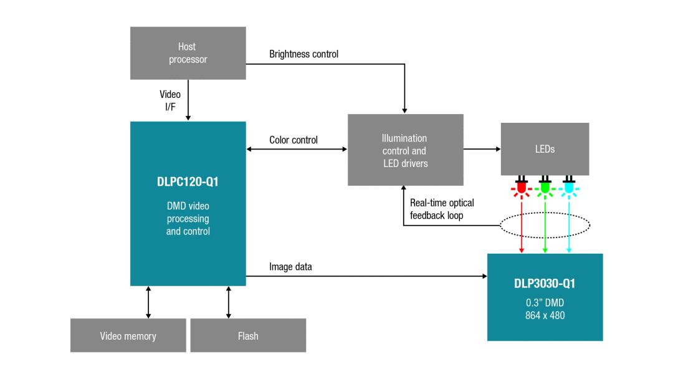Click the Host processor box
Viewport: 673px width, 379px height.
point(187,53)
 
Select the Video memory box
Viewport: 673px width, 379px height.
point(128,336)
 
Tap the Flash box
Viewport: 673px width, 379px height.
point(247,336)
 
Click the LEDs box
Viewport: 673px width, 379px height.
point(545,149)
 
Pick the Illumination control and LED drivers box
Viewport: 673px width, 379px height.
point(405,150)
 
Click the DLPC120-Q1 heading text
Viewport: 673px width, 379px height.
point(188,183)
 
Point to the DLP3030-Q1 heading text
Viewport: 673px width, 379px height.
point(545,284)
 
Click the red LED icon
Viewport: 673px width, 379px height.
point(521,186)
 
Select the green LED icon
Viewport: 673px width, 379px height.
point(545,186)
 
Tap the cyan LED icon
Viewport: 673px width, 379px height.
point(568,186)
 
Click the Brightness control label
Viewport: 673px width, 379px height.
point(303,54)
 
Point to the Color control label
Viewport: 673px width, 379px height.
point(293,140)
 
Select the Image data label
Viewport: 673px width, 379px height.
point(290,267)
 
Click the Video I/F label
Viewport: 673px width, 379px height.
point(170,101)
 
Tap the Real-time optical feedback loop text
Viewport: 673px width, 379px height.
point(442,209)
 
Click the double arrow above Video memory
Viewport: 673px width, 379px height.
point(148,302)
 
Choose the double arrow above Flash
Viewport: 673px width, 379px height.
point(229,302)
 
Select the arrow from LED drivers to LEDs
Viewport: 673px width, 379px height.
point(482,150)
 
